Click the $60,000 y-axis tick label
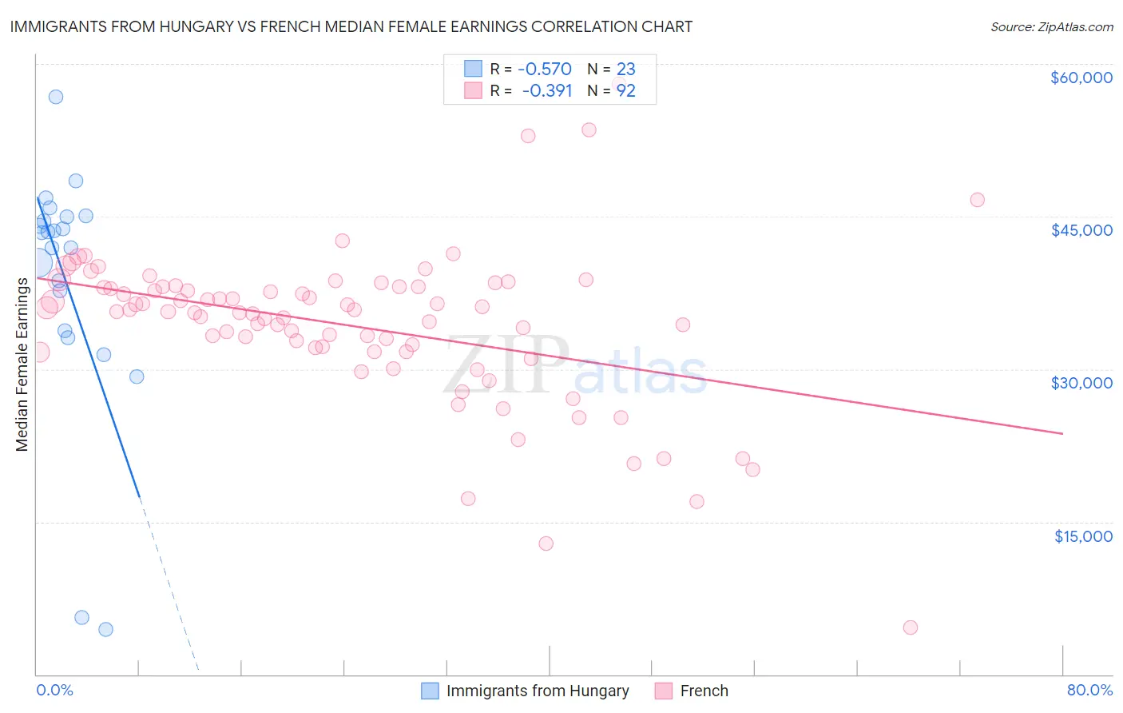click(x=1081, y=78)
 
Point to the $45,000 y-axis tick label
click(x=1081, y=230)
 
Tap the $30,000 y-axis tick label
click(x=1081, y=383)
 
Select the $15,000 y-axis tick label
click(x=1082, y=536)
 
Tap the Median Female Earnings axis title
click(x=22, y=364)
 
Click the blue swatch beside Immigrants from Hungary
click(x=430, y=691)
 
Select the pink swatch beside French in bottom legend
click(x=664, y=691)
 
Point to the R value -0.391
click(x=547, y=91)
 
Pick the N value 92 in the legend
click(x=626, y=91)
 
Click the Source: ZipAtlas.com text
click(x=1051, y=27)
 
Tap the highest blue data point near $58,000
click(x=56, y=97)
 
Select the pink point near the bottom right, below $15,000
click(x=910, y=627)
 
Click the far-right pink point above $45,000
click(x=977, y=200)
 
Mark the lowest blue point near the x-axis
click(x=105, y=629)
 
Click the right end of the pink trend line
click(x=1062, y=433)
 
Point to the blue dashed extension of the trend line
click(x=169, y=584)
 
